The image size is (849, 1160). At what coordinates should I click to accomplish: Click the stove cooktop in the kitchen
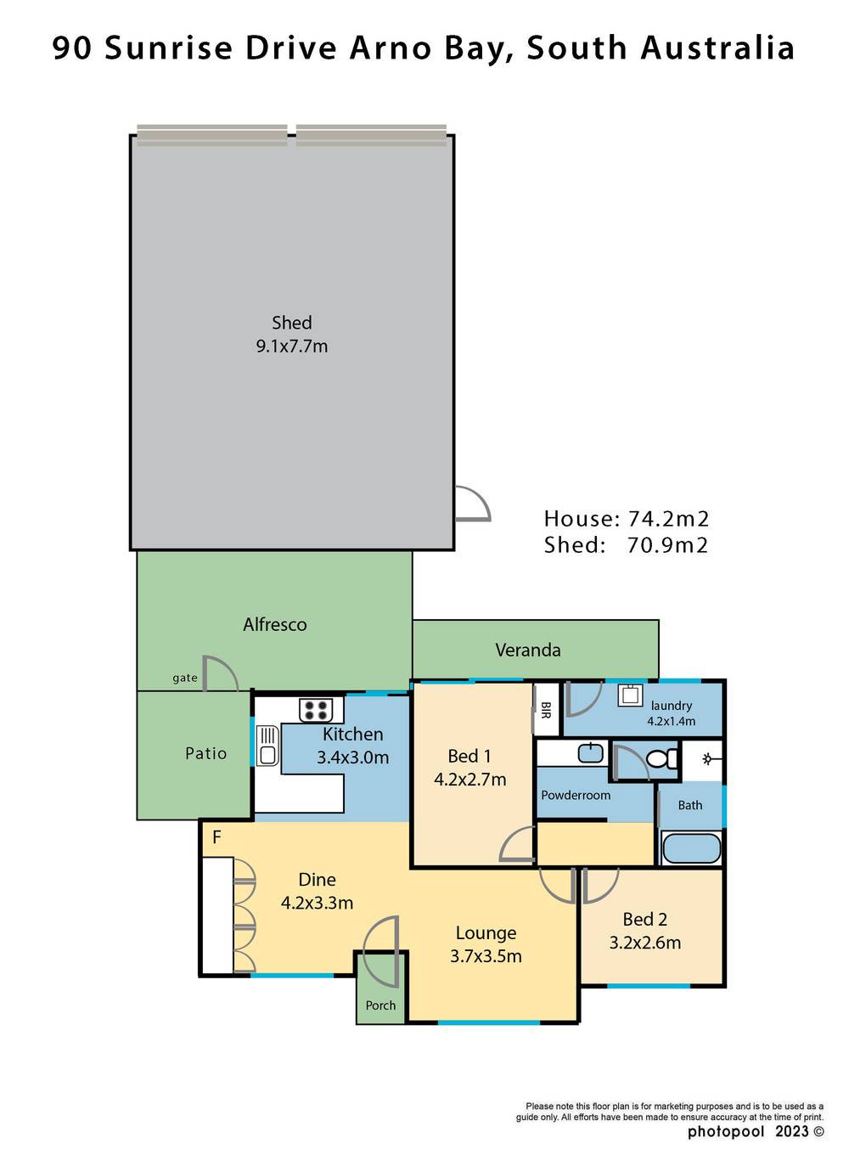316,710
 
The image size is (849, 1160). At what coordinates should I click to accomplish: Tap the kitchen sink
267,745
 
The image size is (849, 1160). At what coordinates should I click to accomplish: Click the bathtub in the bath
691,848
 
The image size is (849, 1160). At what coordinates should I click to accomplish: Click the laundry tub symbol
630,695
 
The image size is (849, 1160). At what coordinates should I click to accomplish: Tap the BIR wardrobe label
546,710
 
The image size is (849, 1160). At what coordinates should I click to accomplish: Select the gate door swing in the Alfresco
218,673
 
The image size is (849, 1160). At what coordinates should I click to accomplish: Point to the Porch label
380,1005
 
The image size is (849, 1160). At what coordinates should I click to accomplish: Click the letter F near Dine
216,837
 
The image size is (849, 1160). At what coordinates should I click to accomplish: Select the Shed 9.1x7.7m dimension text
291,346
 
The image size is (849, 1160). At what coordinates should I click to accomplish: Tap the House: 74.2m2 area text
626,519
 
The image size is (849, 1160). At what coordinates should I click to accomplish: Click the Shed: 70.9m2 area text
626,545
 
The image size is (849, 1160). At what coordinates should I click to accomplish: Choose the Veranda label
527,650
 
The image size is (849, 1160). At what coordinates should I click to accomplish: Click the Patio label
206,753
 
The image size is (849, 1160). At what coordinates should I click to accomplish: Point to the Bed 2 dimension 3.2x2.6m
644,943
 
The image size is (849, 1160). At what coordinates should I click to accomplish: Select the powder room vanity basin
590,752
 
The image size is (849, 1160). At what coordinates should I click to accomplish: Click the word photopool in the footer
726,1131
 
